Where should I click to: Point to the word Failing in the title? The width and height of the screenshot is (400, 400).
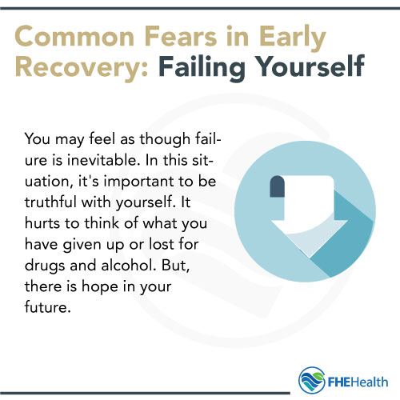[232, 69]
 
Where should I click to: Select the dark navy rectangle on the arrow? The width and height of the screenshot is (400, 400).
[278, 186]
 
